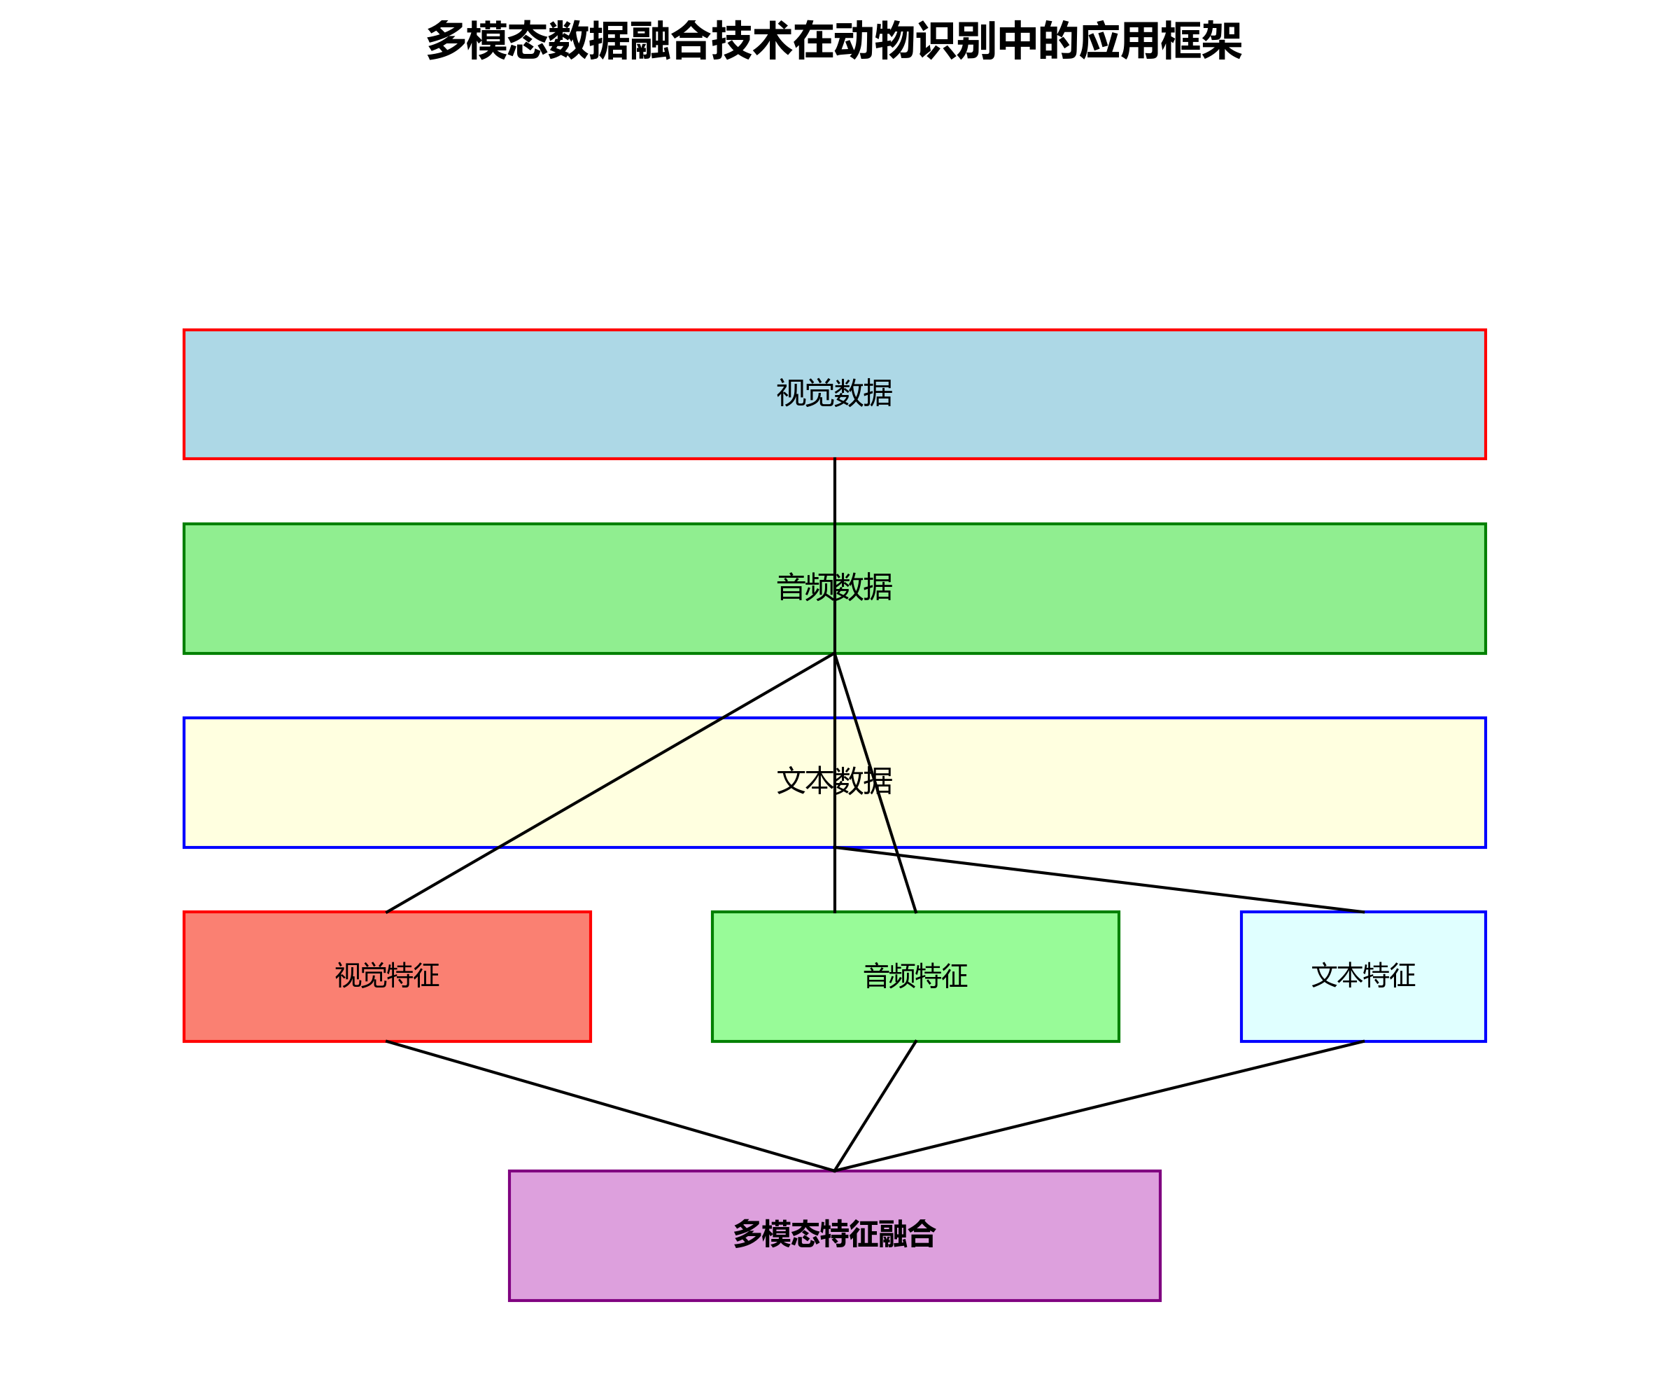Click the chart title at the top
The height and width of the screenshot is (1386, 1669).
pos(833,41)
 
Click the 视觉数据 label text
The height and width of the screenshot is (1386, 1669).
pos(833,394)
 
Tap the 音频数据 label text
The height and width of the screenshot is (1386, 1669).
pos(833,588)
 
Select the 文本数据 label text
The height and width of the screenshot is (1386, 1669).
pos(833,782)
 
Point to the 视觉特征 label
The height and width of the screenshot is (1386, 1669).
pos(387,976)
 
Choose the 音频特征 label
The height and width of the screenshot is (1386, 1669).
pos(915,976)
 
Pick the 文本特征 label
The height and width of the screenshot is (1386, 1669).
pos(1363,976)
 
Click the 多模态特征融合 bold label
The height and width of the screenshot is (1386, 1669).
pos(833,1234)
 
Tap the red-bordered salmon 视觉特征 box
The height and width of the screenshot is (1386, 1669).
pos(262,1010)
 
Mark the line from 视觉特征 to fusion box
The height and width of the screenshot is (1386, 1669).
pos(610,1106)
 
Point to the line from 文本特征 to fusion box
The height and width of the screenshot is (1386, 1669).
pos(1099,1106)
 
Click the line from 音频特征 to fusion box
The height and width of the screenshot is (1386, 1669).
pos(875,1106)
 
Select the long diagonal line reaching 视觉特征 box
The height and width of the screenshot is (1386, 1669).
pos(610,783)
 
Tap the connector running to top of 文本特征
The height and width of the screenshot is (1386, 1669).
pos(1099,880)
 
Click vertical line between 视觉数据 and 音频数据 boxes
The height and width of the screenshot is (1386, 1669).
pos(834,491)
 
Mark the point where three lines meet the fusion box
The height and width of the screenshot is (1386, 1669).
pos(834,1170)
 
